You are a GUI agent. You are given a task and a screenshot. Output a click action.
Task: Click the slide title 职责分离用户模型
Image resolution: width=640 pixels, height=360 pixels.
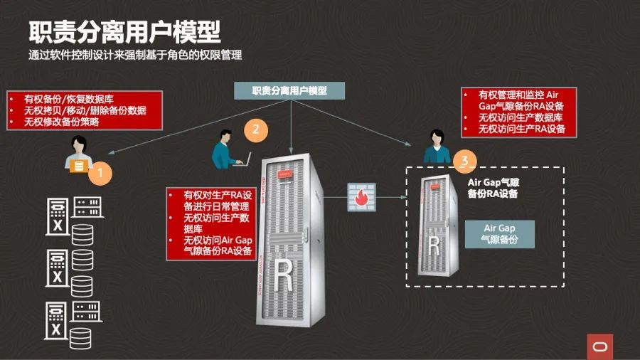click(124, 32)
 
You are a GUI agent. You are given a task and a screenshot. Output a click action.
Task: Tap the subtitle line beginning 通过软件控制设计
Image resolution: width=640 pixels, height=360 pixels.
click(135, 55)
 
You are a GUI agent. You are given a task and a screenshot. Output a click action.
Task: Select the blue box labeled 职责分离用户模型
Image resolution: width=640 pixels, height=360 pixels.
click(289, 91)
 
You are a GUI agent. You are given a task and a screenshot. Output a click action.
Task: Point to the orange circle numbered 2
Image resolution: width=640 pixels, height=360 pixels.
click(256, 129)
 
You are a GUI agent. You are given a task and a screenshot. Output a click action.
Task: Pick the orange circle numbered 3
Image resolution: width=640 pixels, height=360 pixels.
click(464, 160)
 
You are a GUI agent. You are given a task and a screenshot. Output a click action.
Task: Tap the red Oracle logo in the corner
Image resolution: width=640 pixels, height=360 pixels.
click(600, 345)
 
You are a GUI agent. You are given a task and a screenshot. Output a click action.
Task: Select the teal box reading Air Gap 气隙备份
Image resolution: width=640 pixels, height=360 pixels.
click(499, 233)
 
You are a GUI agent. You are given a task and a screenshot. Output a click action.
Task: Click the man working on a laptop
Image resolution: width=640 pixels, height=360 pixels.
click(227, 149)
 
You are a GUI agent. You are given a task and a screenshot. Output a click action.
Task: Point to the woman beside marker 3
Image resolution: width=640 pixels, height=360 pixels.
click(436, 147)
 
